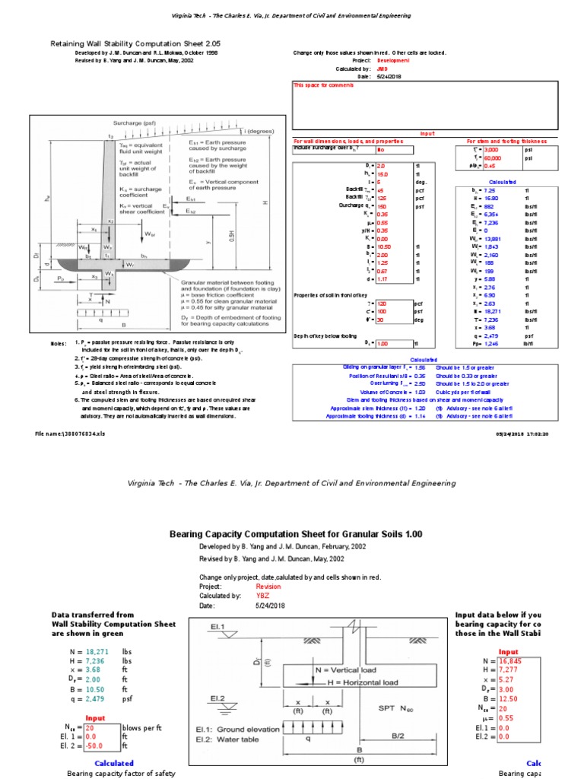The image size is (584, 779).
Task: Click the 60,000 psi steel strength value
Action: pyautogui.click(x=485, y=158)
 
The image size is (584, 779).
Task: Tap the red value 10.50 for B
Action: pyautogui.click(x=382, y=247)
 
